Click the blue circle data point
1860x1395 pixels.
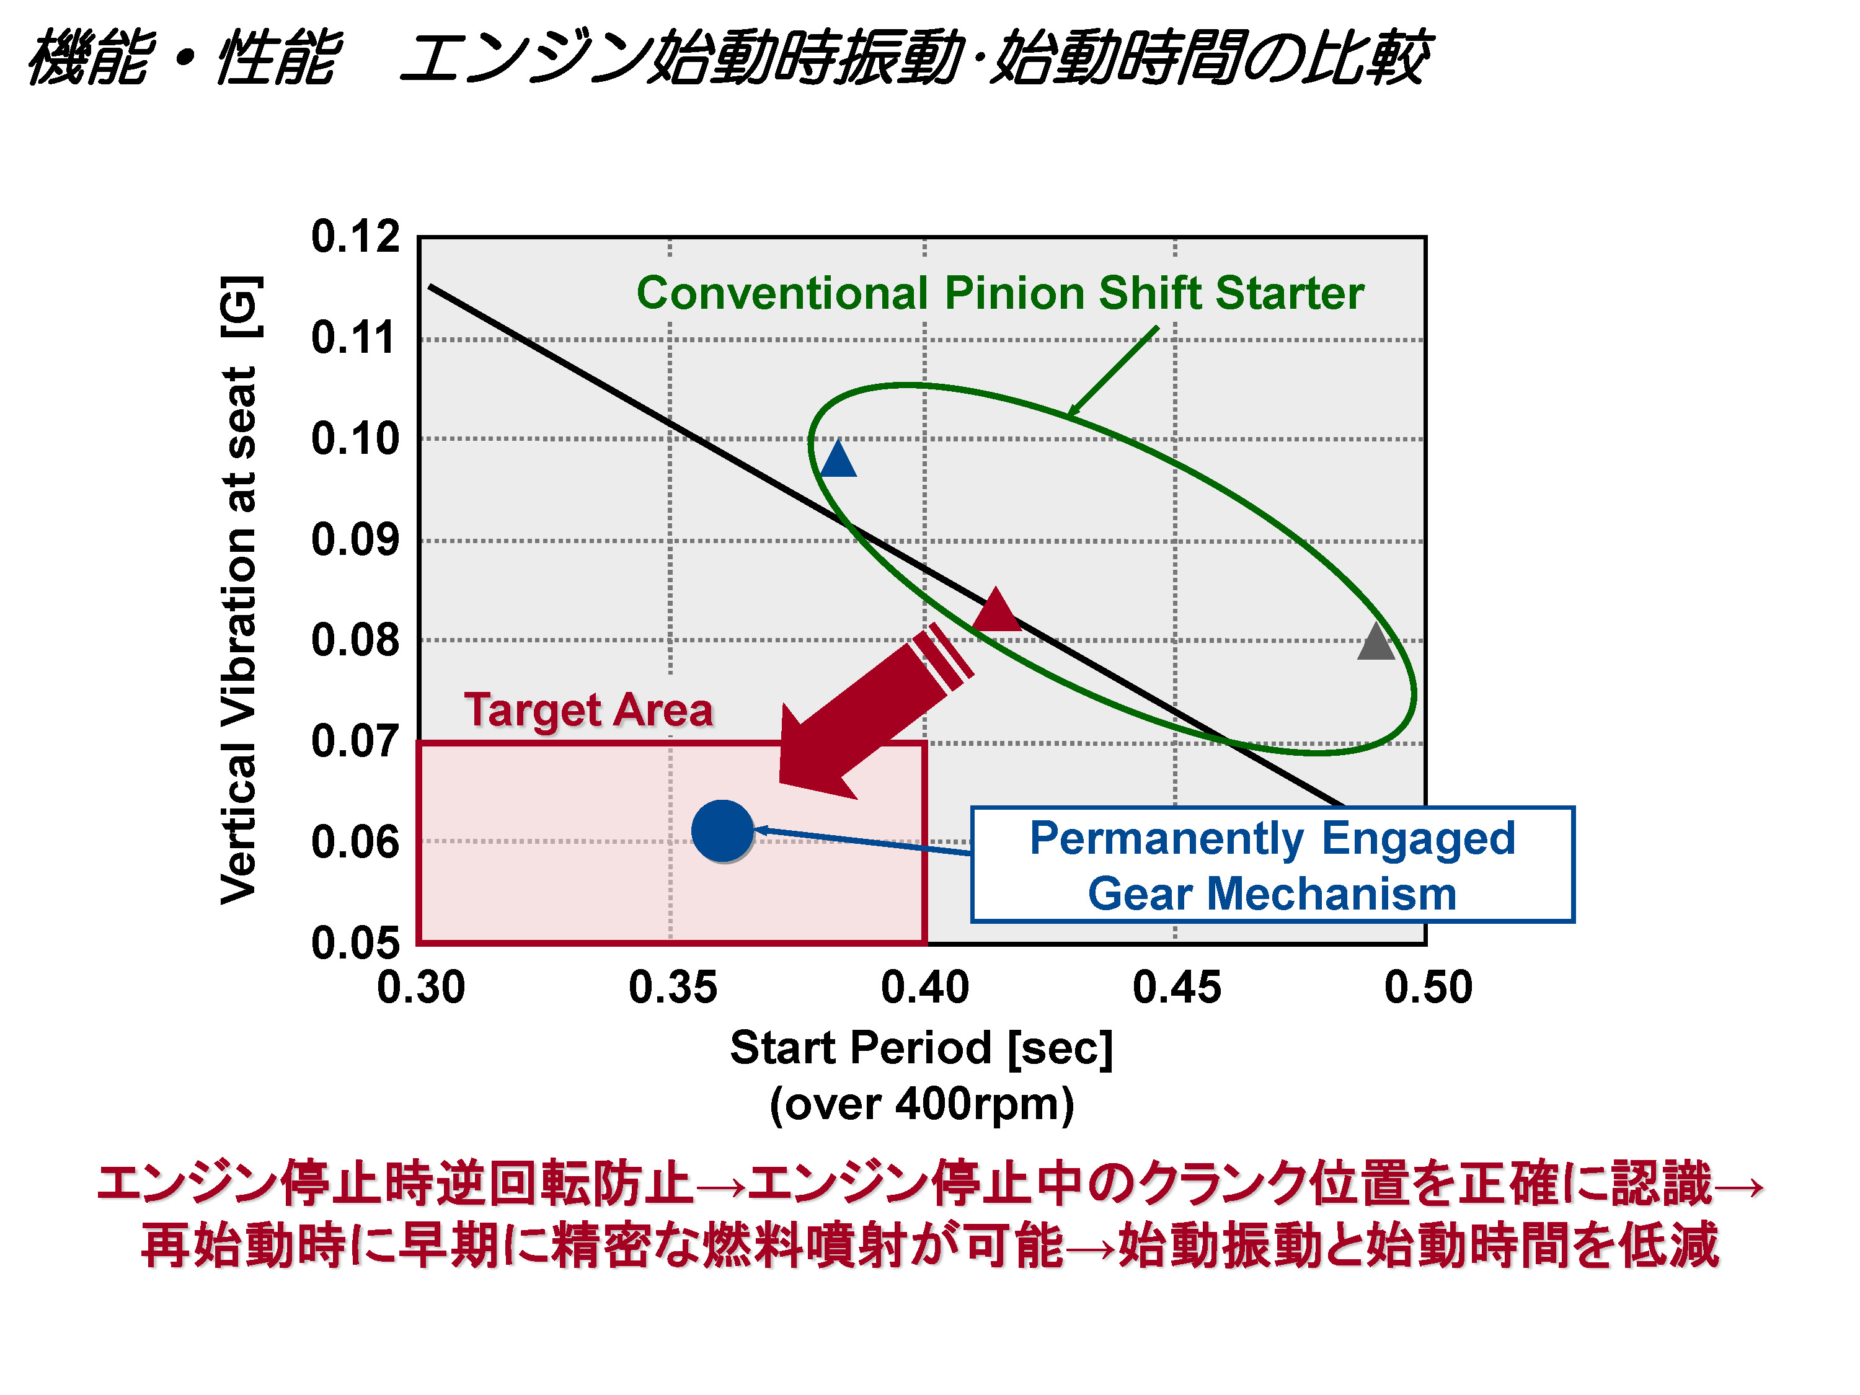point(722,831)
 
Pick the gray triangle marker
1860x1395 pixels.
point(1376,644)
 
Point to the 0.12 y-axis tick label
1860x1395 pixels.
point(355,236)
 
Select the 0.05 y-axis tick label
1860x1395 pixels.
point(355,942)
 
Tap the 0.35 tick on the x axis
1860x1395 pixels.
point(673,987)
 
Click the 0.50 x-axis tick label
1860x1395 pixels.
point(1428,987)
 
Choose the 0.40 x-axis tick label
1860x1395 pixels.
point(924,987)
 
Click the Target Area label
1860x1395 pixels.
point(588,710)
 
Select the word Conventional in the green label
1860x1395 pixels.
point(782,293)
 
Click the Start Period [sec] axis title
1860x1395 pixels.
point(921,1048)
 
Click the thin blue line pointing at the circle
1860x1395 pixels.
point(866,842)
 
